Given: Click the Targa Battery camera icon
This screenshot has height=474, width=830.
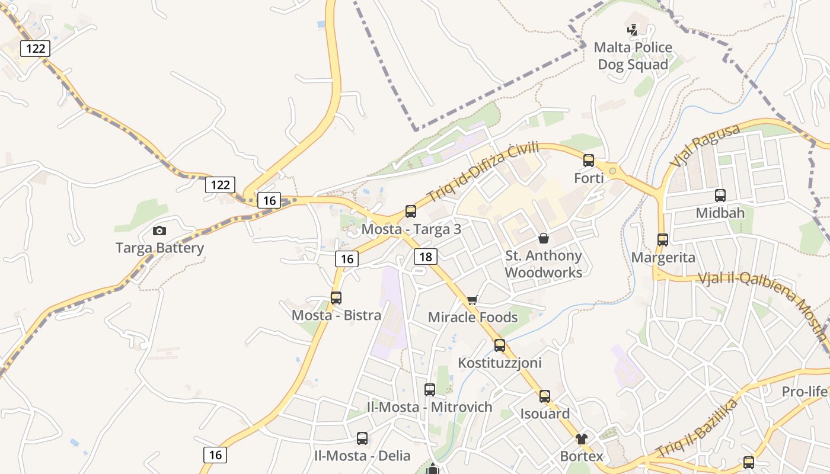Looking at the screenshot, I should click(159, 230).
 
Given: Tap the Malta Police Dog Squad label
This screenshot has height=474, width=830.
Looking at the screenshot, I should click(633, 56).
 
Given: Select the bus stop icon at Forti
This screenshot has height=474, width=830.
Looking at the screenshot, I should click(589, 160).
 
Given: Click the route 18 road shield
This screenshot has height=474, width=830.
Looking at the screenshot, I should click(426, 256).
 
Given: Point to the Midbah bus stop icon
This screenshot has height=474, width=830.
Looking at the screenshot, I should click(720, 195).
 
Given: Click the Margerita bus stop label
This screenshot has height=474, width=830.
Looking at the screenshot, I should click(663, 258).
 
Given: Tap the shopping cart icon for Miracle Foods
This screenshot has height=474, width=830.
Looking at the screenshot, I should click(472, 300).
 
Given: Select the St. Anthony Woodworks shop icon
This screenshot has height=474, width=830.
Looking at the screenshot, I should click(544, 238).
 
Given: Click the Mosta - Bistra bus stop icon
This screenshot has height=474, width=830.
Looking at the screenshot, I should click(336, 297).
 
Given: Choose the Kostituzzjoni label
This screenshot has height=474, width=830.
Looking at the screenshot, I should click(500, 362).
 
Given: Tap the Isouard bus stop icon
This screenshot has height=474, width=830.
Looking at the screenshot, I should click(545, 396).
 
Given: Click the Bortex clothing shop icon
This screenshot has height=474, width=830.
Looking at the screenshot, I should click(582, 439).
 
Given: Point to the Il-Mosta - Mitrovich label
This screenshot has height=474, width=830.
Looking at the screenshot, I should click(430, 407).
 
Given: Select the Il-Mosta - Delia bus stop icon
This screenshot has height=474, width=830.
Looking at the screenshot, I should click(362, 438).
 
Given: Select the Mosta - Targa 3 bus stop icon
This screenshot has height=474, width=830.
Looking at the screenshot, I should click(411, 211).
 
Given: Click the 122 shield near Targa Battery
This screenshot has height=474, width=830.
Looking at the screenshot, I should click(220, 184).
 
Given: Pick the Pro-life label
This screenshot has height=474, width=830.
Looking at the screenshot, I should click(804, 392).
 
